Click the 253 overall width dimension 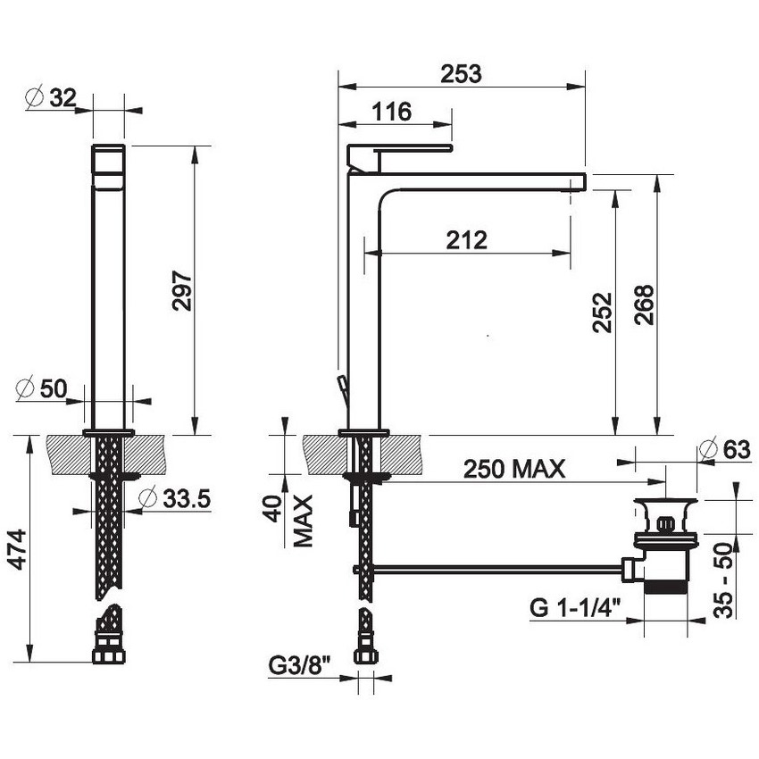461,74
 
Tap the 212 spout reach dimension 467,239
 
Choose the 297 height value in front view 181,290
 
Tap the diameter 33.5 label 174,497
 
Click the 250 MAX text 513,469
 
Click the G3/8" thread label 299,665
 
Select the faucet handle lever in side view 400,149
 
